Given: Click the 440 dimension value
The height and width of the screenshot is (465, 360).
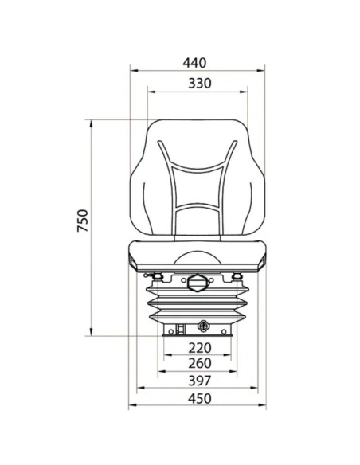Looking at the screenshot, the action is click(x=194, y=63).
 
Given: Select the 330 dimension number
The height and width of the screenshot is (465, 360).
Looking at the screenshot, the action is click(x=200, y=84).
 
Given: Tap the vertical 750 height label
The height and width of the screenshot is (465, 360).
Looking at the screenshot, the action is click(x=83, y=221).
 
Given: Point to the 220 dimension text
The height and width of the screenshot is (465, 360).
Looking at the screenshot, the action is click(x=200, y=348).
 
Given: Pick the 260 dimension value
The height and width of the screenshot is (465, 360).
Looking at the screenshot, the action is click(x=200, y=363).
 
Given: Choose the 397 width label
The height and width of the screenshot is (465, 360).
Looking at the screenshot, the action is click(x=200, y=381).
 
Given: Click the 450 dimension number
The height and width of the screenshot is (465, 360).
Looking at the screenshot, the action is click(x=200, y=399).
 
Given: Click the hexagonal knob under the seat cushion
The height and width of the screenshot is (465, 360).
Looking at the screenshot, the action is click(x=196, y=283).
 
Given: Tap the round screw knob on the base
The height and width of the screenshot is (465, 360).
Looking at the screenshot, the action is click(x=203, y=326).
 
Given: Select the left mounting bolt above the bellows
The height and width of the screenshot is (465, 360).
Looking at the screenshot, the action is click(x=157, y=277).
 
